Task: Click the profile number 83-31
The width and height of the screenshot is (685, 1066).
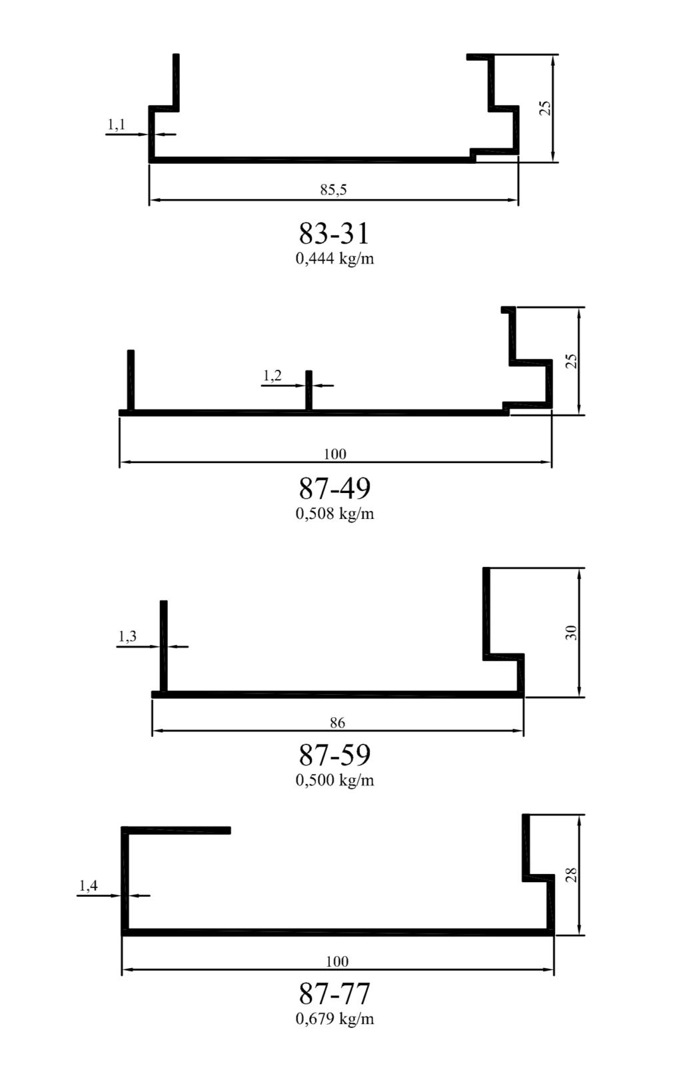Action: click(334, 234)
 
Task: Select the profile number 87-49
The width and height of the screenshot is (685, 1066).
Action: click(335, 489)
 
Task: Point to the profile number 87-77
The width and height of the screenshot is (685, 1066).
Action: click(335, 993)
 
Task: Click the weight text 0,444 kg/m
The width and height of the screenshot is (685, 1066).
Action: click(335, 259)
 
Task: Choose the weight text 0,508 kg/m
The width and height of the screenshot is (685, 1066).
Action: click(335, 514)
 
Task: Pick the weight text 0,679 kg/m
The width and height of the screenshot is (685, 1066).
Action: click(335, 1019)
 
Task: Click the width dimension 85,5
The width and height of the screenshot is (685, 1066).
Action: click(333, 190)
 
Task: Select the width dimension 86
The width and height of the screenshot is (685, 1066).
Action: click(337, 723)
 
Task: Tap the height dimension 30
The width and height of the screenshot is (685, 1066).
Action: click(571, 632)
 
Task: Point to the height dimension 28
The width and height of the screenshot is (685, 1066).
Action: click(571, 875)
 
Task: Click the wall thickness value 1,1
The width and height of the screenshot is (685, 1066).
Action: click(116, 125)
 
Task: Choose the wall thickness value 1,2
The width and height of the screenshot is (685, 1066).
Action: click(273, 376)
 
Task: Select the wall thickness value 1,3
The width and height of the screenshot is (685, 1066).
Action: click(127, 636)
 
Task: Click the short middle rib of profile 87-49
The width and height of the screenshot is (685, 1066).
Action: click(309, 390)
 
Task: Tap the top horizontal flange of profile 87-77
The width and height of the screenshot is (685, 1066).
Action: click(176, 830)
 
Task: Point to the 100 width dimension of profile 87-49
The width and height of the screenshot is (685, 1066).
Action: click(335, 454)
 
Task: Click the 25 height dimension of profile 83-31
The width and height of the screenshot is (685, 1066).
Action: click(546, 108)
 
